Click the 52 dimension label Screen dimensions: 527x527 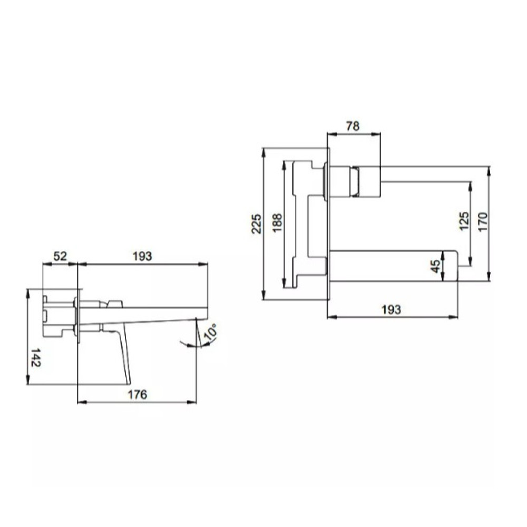tap(61, 256)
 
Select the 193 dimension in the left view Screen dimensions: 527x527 tap(142, 256)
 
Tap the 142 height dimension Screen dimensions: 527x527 tap(36, 357)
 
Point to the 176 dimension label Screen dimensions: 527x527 tap(137, 394)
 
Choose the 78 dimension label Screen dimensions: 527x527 tap(353, 126)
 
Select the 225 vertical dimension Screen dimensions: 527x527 tap(257, 223)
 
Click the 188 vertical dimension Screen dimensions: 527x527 tap(277, 222)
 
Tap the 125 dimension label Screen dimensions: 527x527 tap(464, 221)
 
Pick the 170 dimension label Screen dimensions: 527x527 tap(482, 221)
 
